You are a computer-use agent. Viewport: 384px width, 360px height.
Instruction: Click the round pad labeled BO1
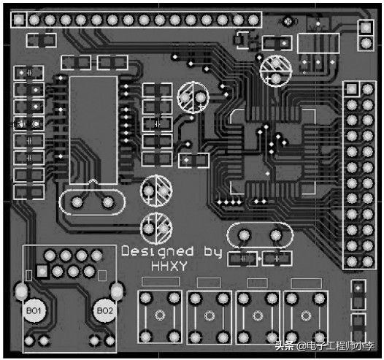[x=34, y=311]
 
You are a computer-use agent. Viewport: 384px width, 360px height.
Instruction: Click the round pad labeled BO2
[x=105, y=311]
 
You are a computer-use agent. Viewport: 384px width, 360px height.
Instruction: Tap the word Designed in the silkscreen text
[x=158, y=251]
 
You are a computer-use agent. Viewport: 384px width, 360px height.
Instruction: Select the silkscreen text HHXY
[x=169, y=266]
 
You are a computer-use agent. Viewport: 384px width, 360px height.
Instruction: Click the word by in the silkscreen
[x=213, y=252]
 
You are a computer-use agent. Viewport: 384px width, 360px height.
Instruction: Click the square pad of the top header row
[x=18, y=19]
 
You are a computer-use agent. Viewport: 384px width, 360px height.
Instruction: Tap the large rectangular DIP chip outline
[x=93, y=130]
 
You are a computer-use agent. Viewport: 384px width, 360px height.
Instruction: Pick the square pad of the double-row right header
[x=352, y=89]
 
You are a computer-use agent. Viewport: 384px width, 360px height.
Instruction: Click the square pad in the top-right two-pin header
[x=366, y=28]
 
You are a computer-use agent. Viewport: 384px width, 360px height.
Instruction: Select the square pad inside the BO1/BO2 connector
[x=42, y=271]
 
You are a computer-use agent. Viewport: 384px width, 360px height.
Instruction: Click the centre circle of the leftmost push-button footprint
[x=160, y=315]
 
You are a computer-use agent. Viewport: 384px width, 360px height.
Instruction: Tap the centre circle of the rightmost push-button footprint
[x=306, y=315]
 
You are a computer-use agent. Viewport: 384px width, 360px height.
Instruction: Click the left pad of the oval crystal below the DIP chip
[x=77, y=202]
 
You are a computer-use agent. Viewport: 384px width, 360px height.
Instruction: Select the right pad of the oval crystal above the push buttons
[x=276, y=235]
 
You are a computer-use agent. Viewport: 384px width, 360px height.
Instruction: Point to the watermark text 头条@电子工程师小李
[x=325, y=346]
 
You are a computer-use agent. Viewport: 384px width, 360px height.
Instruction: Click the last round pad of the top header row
[x=253, y=20]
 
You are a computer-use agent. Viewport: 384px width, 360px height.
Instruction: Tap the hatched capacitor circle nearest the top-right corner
[x=276, y=71]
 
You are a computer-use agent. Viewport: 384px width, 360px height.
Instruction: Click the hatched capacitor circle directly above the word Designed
[x=156, y=229]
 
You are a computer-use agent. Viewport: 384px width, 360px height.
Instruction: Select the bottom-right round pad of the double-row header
[x=368, y=261]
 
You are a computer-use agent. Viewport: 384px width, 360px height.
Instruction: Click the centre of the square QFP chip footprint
[x=272, y=152]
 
